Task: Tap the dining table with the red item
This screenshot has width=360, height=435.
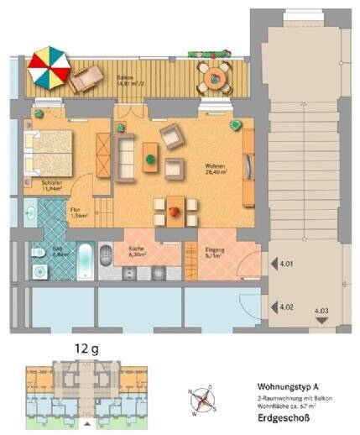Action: (175, 209)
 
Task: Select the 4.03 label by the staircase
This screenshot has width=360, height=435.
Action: (321, 312)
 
